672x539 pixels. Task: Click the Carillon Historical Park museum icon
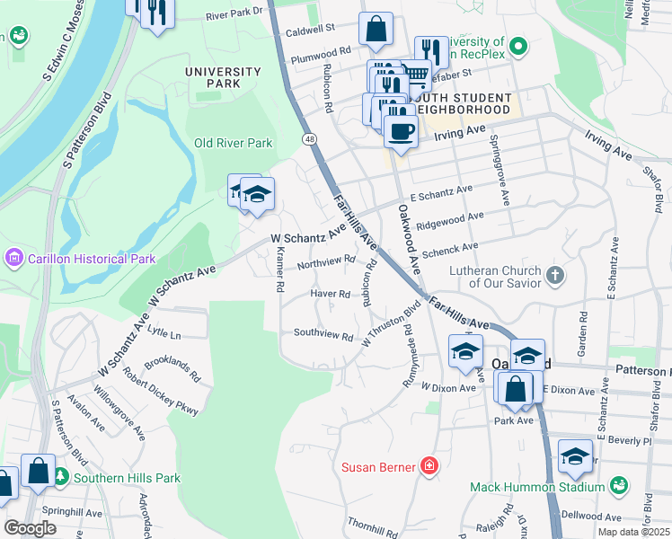pos(13,259)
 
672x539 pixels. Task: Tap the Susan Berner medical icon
pos(429,466)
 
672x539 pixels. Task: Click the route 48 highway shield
pos(309,139)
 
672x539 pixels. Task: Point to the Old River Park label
pos(233,143)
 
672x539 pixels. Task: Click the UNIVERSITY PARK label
pos(223,77)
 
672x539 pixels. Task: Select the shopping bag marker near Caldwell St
pos(376,31)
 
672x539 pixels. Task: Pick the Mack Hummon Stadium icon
pos(618,486)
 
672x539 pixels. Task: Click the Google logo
pos(30,527)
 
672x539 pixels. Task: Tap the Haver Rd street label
pos(330,294)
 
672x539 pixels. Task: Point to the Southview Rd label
pos(323,333)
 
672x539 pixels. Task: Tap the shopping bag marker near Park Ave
pos(515,389)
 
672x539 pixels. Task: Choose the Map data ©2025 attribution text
pos(632,532)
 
